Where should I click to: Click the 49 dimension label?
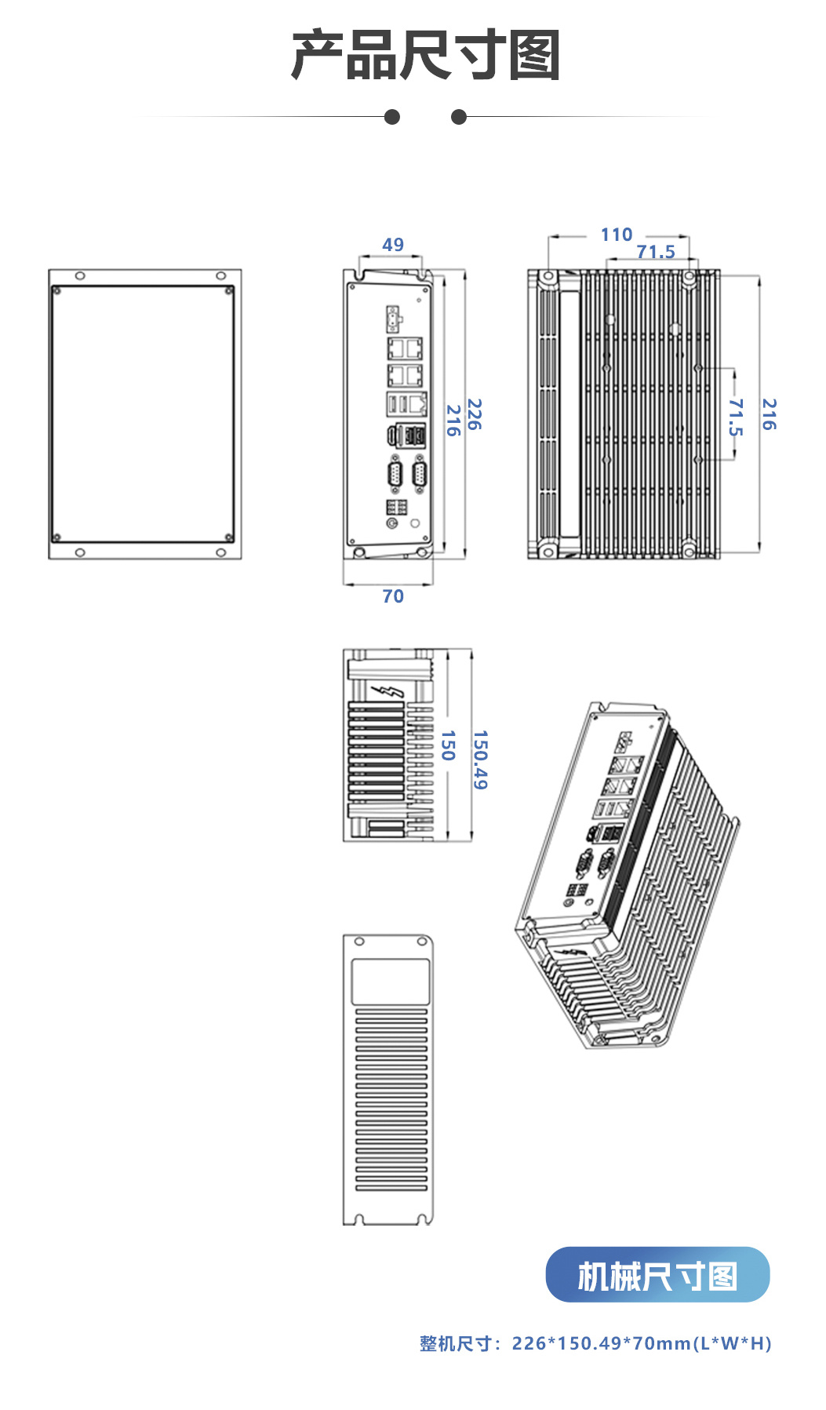(x=393, y=245)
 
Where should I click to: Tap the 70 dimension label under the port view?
(x=393, y=596)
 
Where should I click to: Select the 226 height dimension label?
(x=474, y=414)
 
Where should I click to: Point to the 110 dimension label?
(x=617, y=235)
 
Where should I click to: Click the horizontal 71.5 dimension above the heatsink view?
(x=656, y=252)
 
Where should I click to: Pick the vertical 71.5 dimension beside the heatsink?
(x=735, y=417)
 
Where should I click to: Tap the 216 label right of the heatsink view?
(x=769, y=414)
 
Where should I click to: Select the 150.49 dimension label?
(x=480, y=760)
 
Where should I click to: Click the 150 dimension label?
(x=448, y=745)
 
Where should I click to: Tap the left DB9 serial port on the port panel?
(x=395, y=476)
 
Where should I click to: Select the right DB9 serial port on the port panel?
(x=420, y=476)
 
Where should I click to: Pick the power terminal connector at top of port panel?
(x=393, y=317)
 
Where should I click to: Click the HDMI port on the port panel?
(x=391, y=435)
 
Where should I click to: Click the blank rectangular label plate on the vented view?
(x=390, y=981)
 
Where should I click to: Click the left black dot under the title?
(x=392, y=117)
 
